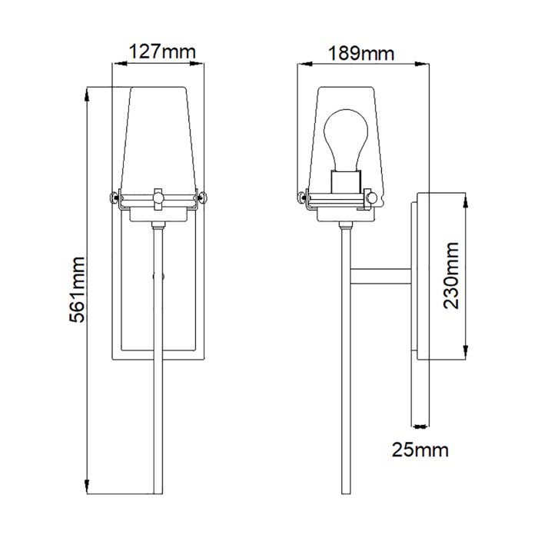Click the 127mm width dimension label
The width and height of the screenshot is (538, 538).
point(158,52)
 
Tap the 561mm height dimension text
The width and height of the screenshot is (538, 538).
point(75,290)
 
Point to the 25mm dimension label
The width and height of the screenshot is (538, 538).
point(420,448)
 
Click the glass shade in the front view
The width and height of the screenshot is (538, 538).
point(159,138)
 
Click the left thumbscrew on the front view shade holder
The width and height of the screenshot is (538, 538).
point(116,197)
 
